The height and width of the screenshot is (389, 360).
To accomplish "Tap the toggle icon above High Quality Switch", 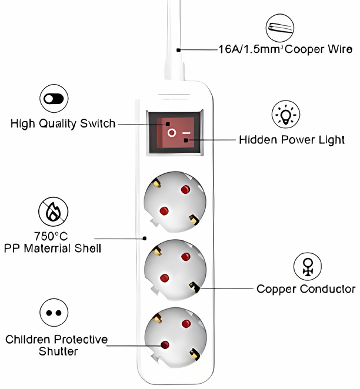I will point(54,99).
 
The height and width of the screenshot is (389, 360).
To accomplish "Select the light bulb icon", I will point(286,114).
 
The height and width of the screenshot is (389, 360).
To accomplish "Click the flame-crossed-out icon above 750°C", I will point(53,212).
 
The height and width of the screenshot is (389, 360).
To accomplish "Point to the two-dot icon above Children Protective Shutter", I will point(54,312).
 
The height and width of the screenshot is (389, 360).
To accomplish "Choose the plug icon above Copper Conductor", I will point(308,266).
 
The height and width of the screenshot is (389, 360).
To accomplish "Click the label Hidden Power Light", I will point(291,140).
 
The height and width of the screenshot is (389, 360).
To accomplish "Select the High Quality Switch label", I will point(63,124).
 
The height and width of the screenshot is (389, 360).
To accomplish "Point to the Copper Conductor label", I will point(305,289).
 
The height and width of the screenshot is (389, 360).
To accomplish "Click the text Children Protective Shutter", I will point(57,346).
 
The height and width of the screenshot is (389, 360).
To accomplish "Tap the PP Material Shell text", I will point(52,249).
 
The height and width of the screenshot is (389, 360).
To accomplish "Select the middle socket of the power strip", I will point(174,269).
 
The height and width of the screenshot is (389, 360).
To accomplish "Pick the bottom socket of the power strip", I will point(174,336).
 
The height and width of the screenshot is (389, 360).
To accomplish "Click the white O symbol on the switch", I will point(171,133).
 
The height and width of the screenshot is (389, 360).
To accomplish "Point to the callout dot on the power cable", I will point(178,51).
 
